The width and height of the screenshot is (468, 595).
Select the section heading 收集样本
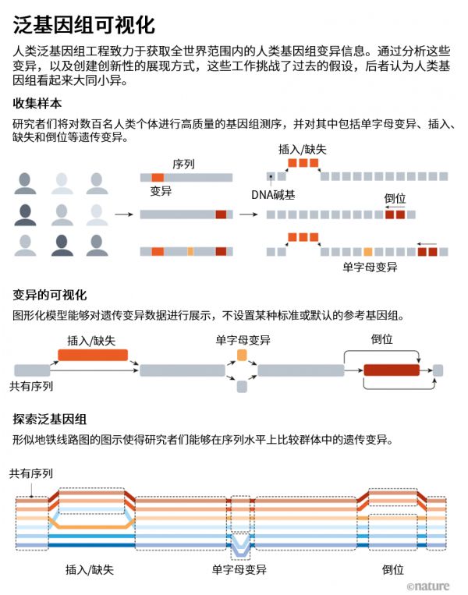point(37,103)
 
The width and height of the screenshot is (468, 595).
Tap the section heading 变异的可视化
point(49,296)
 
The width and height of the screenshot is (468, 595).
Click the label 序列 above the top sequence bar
point(183,165)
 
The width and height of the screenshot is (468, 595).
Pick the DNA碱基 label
point(273,194)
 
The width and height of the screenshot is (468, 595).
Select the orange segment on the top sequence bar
point(158,178)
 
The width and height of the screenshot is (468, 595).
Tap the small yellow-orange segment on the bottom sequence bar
point(190,251)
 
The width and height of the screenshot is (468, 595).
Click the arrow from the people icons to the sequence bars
point(122,214)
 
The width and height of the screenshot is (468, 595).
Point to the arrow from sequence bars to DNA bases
point(248,214)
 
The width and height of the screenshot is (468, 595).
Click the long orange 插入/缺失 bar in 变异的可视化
point(93,355)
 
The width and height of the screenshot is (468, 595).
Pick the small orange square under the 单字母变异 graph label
point(242,356)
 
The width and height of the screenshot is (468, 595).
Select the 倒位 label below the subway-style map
point(392,570)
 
